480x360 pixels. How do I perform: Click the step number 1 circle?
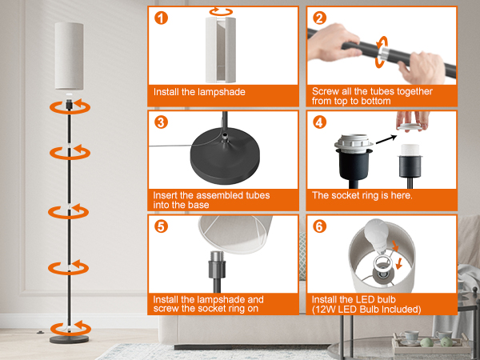coord(161,18)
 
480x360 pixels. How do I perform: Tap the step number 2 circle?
coord(319,18)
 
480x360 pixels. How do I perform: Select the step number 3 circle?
coord(161,122)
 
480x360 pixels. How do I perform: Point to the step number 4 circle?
coord(319,122)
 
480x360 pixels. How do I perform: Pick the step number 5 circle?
coord(161,226)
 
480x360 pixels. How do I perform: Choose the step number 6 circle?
coord(319,226)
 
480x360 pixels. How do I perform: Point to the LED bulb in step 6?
coord(378,235)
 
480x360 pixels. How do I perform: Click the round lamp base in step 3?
coord(225,155)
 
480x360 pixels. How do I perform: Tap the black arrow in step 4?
coord(386,139)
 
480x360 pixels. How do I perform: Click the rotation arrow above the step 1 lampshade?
coord(221,12)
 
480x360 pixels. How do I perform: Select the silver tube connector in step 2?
coord(384,53)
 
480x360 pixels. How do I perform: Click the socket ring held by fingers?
coord(410,126)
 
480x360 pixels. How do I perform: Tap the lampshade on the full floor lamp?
coord(69,56)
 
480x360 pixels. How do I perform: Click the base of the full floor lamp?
coord(69,339)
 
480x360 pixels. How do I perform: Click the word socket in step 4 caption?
coord(342,195)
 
